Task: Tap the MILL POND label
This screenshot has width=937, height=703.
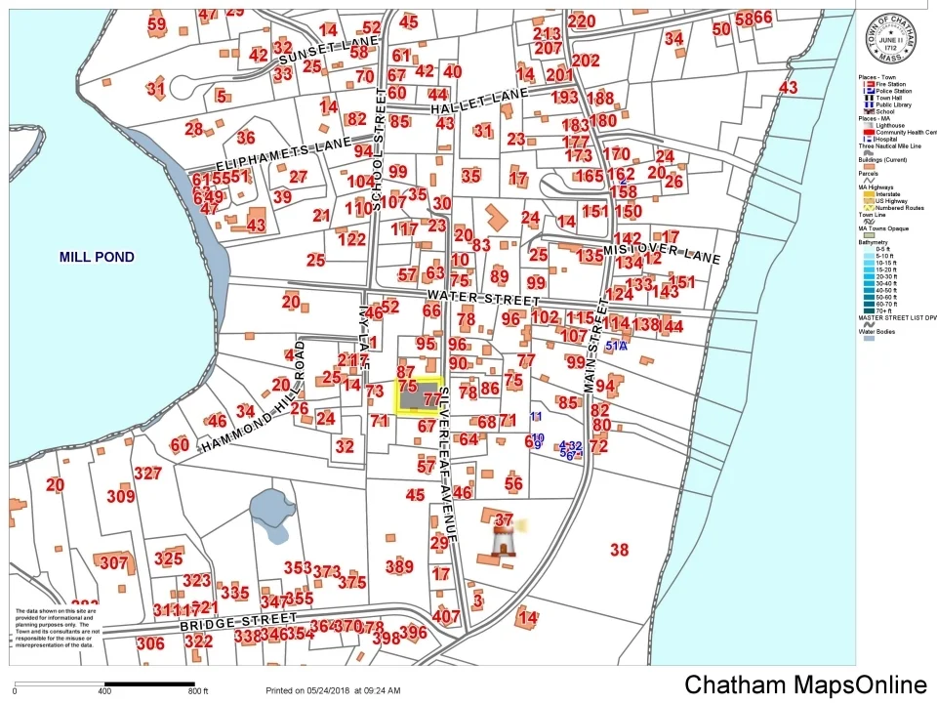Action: pyautogui.click(x=97, y=258)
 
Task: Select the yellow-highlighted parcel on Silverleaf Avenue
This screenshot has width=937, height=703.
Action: pyautogui.click(x=419, y=397)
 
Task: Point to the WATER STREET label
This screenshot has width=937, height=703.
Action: pyautogui.click(x=483, y=298)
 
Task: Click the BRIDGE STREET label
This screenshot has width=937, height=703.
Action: pyautogui.click(x=237, y=622)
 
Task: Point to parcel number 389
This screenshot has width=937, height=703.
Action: pyautogui.click(x=399, y=566)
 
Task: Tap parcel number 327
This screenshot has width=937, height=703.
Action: pyautogui.click(x=147, y=474)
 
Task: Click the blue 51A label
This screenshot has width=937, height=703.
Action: pyautogui.click(x=617, y=346)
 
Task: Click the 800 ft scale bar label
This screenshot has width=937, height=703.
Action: pyautogui.click(x=200, y=691)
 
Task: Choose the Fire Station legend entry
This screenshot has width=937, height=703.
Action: pyautogui.click(x=886, y=85)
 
